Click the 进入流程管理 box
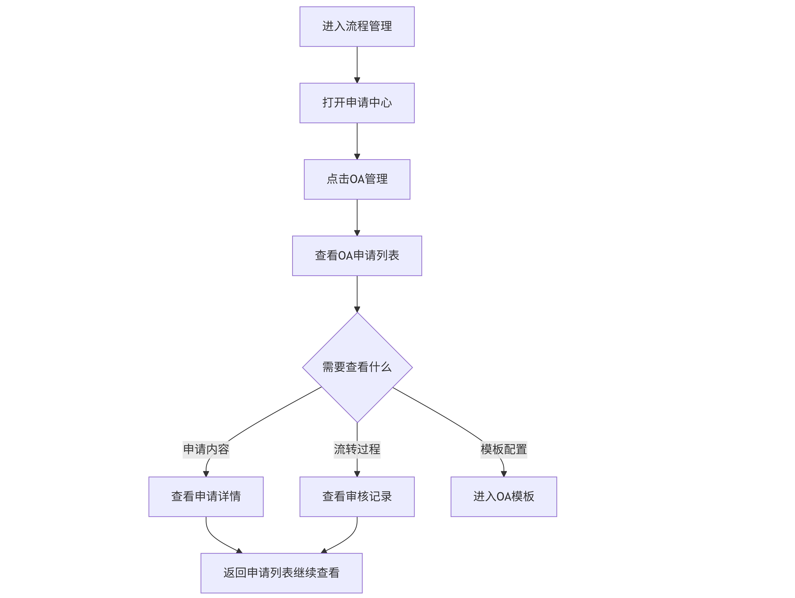tap(357, 27)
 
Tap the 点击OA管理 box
tap(357, 179)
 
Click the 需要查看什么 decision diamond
tap(357, 368)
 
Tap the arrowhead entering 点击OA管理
tap(357, 156)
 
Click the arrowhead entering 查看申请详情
tap(206, 474)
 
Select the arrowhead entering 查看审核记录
tap(357, 474)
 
